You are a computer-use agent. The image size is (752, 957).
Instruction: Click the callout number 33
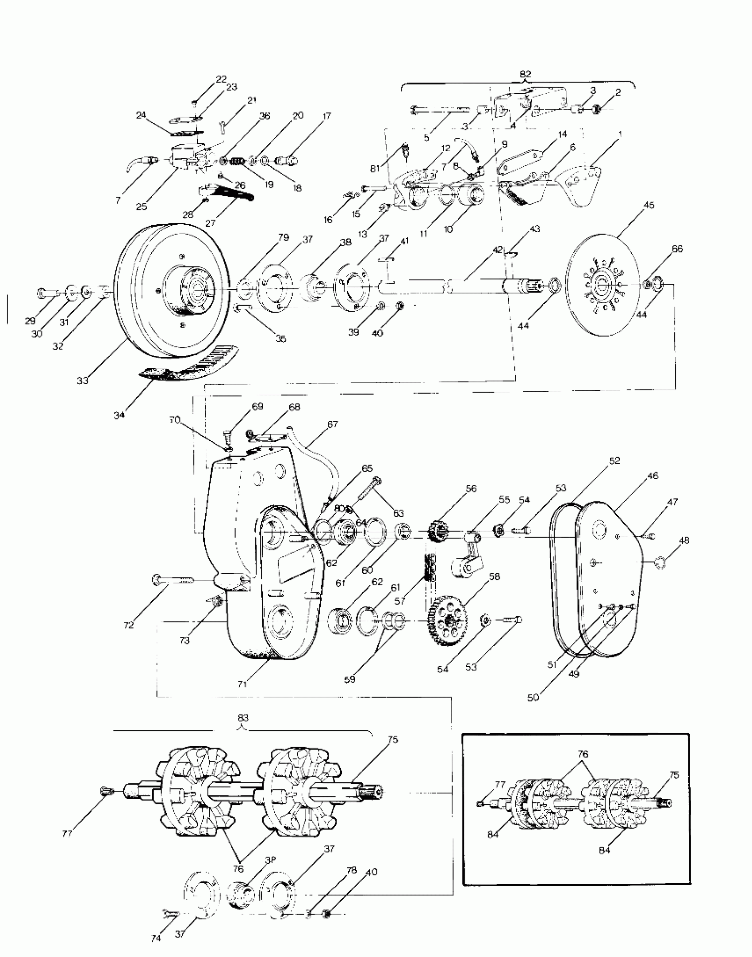83,380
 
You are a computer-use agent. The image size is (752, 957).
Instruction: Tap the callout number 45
649,206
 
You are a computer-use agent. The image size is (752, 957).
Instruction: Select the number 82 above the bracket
525,74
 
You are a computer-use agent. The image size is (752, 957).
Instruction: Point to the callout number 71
242,684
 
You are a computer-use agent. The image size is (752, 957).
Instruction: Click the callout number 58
494,577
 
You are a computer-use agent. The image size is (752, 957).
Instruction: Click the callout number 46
652,476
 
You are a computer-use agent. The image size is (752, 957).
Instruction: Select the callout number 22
221,79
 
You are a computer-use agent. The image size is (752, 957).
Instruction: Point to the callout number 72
129,625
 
